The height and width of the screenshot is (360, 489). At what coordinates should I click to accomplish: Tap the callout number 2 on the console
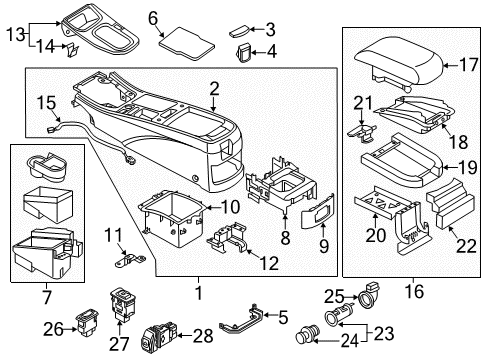(214, 93)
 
